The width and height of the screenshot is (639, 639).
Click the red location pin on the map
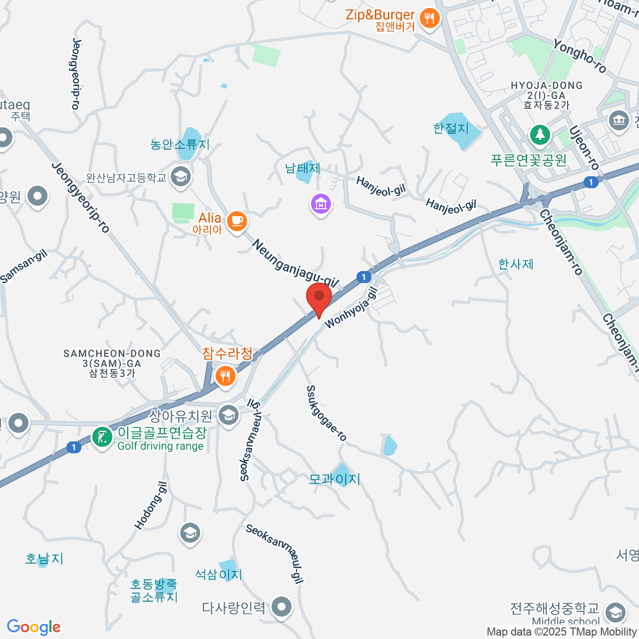[x=319, y=298]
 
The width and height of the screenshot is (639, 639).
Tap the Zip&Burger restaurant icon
[x=429, y=19]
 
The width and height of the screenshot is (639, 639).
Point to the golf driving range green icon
[x=101, y=437]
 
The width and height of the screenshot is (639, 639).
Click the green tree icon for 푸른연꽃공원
[x=540, y=134]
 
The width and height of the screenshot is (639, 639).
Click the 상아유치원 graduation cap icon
[x=228, y=415]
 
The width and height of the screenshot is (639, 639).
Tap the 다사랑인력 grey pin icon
[x=282, y=607]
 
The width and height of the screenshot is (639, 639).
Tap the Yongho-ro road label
[x=580, y=56]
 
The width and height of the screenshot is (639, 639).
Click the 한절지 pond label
[x=451, y=128]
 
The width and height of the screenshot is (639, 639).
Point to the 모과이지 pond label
[x=334, y=479]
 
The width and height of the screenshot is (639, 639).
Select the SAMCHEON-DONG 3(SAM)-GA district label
[x=112, y=363]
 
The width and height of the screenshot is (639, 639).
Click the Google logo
[x=34, y=627]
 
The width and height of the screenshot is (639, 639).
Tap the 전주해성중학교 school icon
[x=616, y=612]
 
